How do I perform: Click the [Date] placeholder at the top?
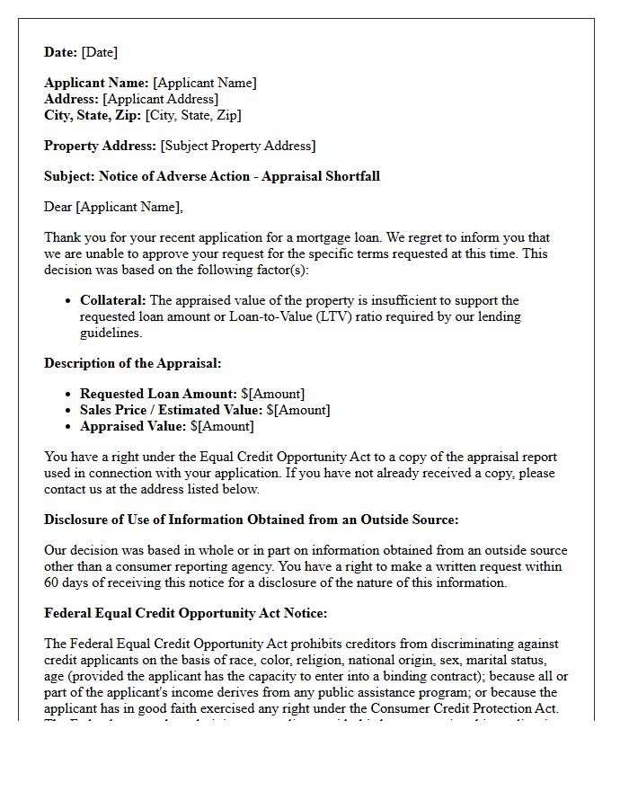click(x=99, y=52)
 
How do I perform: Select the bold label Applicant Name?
click(x=98, y=83)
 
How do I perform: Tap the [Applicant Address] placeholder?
click(x=160, y=99)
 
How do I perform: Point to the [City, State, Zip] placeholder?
click(x=193, y=115)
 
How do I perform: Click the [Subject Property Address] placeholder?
click(x=237, y=146)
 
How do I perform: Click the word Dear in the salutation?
click(x=58, y=207)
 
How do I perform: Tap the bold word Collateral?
click(x=113, y=300)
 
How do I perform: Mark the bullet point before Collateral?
click(x=68, y=301)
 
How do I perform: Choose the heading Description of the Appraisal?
click(x=132, y=363)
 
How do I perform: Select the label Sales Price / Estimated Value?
click(x=158, y=410)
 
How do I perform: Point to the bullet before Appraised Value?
click(x=68, y=427)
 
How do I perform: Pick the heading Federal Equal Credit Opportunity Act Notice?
click(x=186, y=613)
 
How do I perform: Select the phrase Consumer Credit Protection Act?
click(x=476, y=708)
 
